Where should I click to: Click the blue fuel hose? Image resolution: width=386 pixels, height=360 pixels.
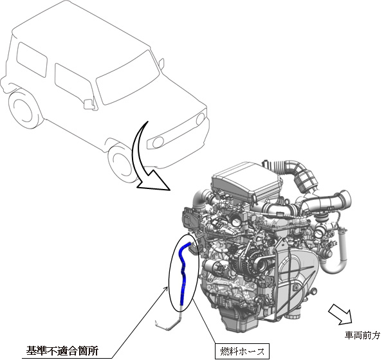[183, 273]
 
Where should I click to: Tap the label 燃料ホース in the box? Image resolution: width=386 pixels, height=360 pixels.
[242, 351]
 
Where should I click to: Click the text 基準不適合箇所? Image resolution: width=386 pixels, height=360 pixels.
[62, 350]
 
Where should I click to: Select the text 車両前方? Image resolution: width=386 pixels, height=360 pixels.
[362, 336]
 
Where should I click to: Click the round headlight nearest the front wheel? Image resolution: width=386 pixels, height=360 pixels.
[158, 141]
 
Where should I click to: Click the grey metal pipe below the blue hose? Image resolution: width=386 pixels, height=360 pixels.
[172, 321]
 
